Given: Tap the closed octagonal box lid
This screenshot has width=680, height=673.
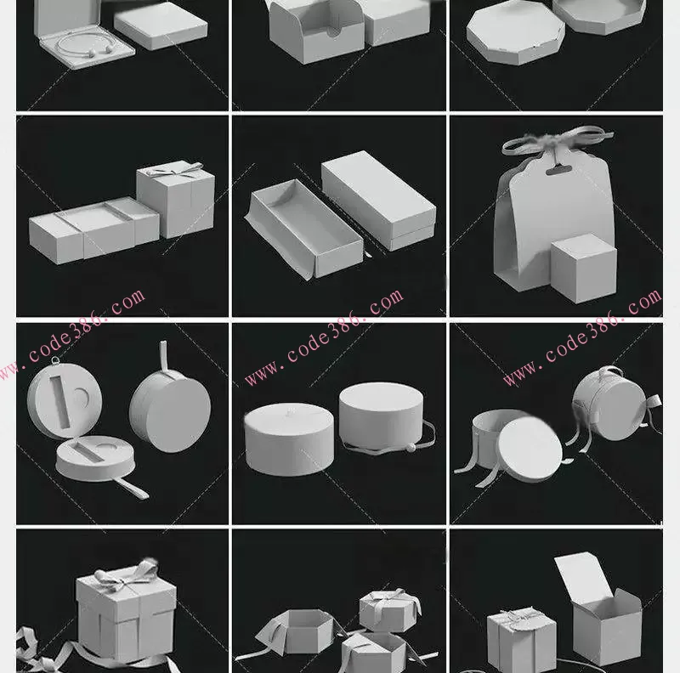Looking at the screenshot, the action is pyautogui.click(x=516, y=32).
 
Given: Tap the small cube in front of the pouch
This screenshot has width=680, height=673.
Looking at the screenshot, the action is pyautogui.click(x=584, y=269).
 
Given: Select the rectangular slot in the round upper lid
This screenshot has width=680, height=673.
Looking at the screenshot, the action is pyautogui.click(x=60, y=401).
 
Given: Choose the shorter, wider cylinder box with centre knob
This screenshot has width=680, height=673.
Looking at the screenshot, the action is pyautogui.click(x=289, y=438).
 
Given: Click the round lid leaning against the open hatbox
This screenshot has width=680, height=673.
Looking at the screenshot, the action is pyautogui.click(x=530, y=450).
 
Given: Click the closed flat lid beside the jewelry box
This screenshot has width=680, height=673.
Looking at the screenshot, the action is pyautogui.click(x=161, y=26).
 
